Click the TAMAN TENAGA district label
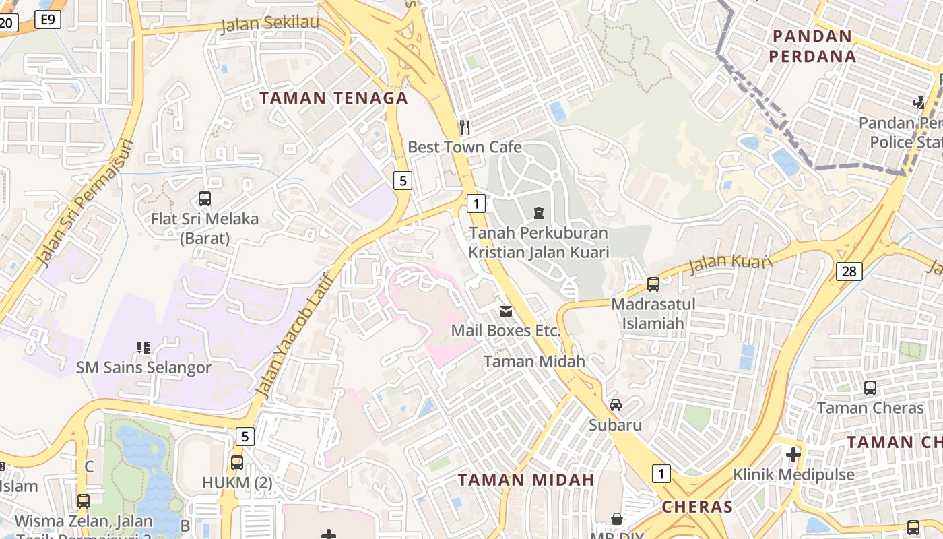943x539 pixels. coord(334,98)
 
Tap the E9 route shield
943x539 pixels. coord(47,19)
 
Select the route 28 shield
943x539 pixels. coord(849,271)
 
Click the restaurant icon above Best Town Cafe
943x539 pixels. coord(464,126)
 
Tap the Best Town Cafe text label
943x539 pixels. coord(465,147)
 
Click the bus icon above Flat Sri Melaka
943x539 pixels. coord(205,198)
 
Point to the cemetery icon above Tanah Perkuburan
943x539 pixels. coord(538,213)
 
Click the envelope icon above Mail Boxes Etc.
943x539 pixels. coord(505,311)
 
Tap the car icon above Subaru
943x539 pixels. coord(615,404)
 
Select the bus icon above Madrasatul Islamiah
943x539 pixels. coord(653,284)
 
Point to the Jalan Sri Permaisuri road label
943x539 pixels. coord(84,202)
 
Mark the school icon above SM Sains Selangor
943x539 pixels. coord(143,348)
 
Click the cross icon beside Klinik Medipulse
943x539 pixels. coord(793,454)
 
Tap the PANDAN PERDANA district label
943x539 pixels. coord(812,46)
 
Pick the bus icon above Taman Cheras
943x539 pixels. coord(870,387)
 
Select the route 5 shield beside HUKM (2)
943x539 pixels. coord(245,437)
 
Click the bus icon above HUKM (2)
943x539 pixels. coord(236,462)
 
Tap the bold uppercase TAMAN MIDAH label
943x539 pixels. coord(526,480)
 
